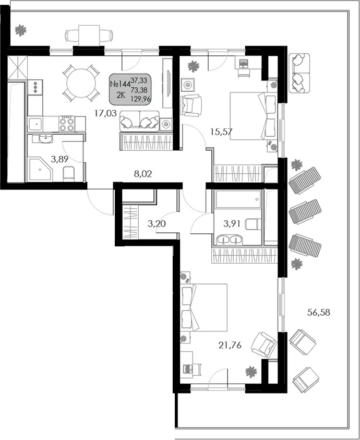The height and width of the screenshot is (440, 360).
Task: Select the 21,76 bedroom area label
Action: click(231, 344)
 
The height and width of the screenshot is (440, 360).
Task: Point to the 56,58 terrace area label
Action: click(319, 313)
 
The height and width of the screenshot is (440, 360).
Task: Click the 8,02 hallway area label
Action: click(143, 174)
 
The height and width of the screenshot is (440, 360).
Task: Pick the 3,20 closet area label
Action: click(158, 224)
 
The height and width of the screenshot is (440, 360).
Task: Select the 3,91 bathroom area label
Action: click(233, 224)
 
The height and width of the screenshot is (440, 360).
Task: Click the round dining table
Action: click(81, 82)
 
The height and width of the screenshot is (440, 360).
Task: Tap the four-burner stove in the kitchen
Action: click(67, 124)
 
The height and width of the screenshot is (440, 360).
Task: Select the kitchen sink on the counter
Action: click(36, 124)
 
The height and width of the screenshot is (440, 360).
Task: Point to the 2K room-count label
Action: click(119, 94)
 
